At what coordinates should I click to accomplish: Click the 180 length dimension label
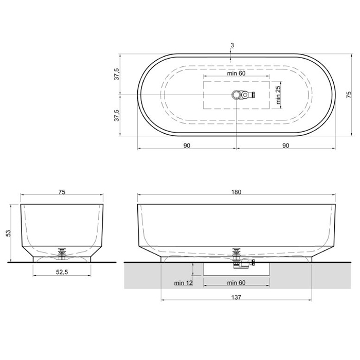pyautogui.click(x=236, y=192)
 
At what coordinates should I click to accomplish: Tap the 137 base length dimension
pyautogui.click(x=236, y=298)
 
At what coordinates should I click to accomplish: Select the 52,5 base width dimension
pyautogui.click(x=62, y=272)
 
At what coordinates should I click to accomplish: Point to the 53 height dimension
pyautogui.click(x=9, y=233)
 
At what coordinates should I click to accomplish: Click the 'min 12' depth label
pyautogui.click(x=184, y=283)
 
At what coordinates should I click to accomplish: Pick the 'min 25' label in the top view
pyautogui.click(x=278, y=95)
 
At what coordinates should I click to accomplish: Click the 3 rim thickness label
pyautogui.click(x=232, y=45)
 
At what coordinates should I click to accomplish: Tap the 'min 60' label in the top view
pyautogui.click(x=236, y=73)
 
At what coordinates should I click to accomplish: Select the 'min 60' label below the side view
pyautogui.click(x=236, y=283)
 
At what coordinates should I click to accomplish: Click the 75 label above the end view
pyautogui.click(x=62, y=192)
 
